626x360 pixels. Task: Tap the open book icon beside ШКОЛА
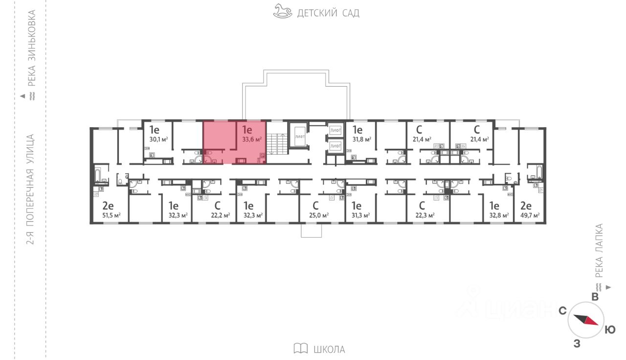pyautogui.click(x=301, y=349)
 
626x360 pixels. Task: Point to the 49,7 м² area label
pyautogui.click(x=530, y=215)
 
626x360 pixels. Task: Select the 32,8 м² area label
pyautogui.click(x=499, y=215)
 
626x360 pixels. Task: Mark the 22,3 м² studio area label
pyautogui.click(x=425, y=215)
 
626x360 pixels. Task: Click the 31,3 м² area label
pyautogui.click(x=360, y=215)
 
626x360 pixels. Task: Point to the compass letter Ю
pyautogui.click(x=610, y=330)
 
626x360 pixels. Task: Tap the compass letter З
pyautogui.click(x=577, y=344)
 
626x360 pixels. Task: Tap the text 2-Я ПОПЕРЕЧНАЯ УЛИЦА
pyautogui.click(x=31, y=189)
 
